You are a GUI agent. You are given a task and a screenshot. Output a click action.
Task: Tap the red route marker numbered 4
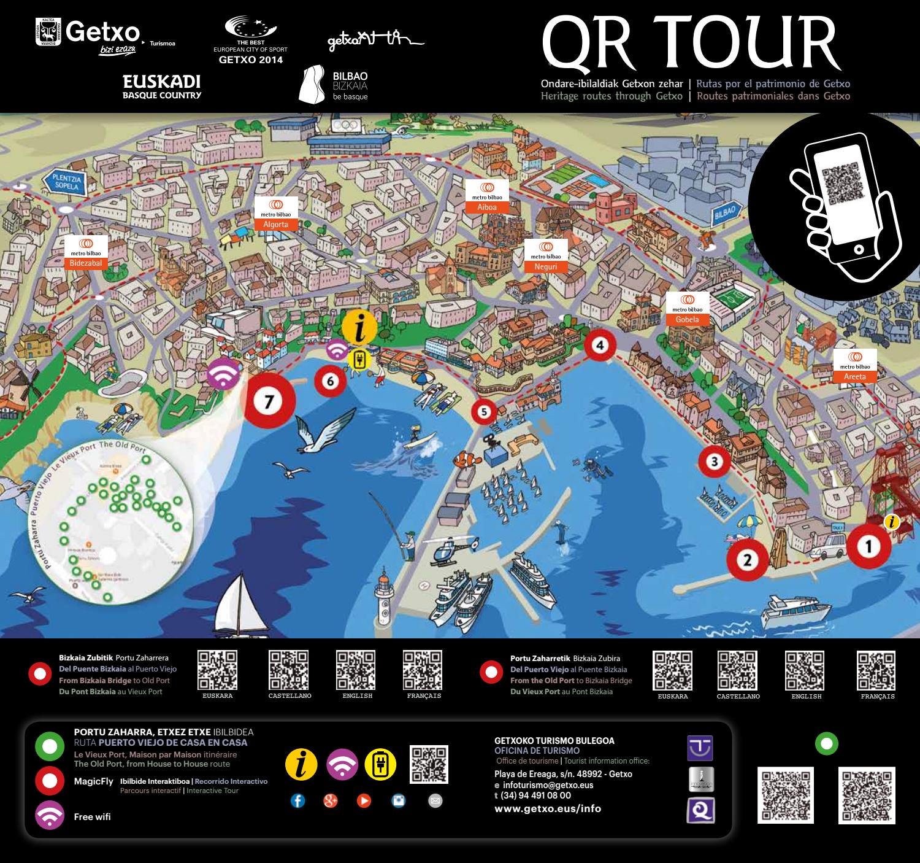[600, 345]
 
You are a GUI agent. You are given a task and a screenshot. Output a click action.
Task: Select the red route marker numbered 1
[868, 546]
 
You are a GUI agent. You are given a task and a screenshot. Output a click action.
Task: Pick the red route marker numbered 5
[485, 411]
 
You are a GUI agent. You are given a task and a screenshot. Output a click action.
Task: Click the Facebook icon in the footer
[297, 801]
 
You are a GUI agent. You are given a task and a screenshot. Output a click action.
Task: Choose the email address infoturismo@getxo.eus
[547, 785]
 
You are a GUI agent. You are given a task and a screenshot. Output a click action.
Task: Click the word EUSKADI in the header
[162, 82]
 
